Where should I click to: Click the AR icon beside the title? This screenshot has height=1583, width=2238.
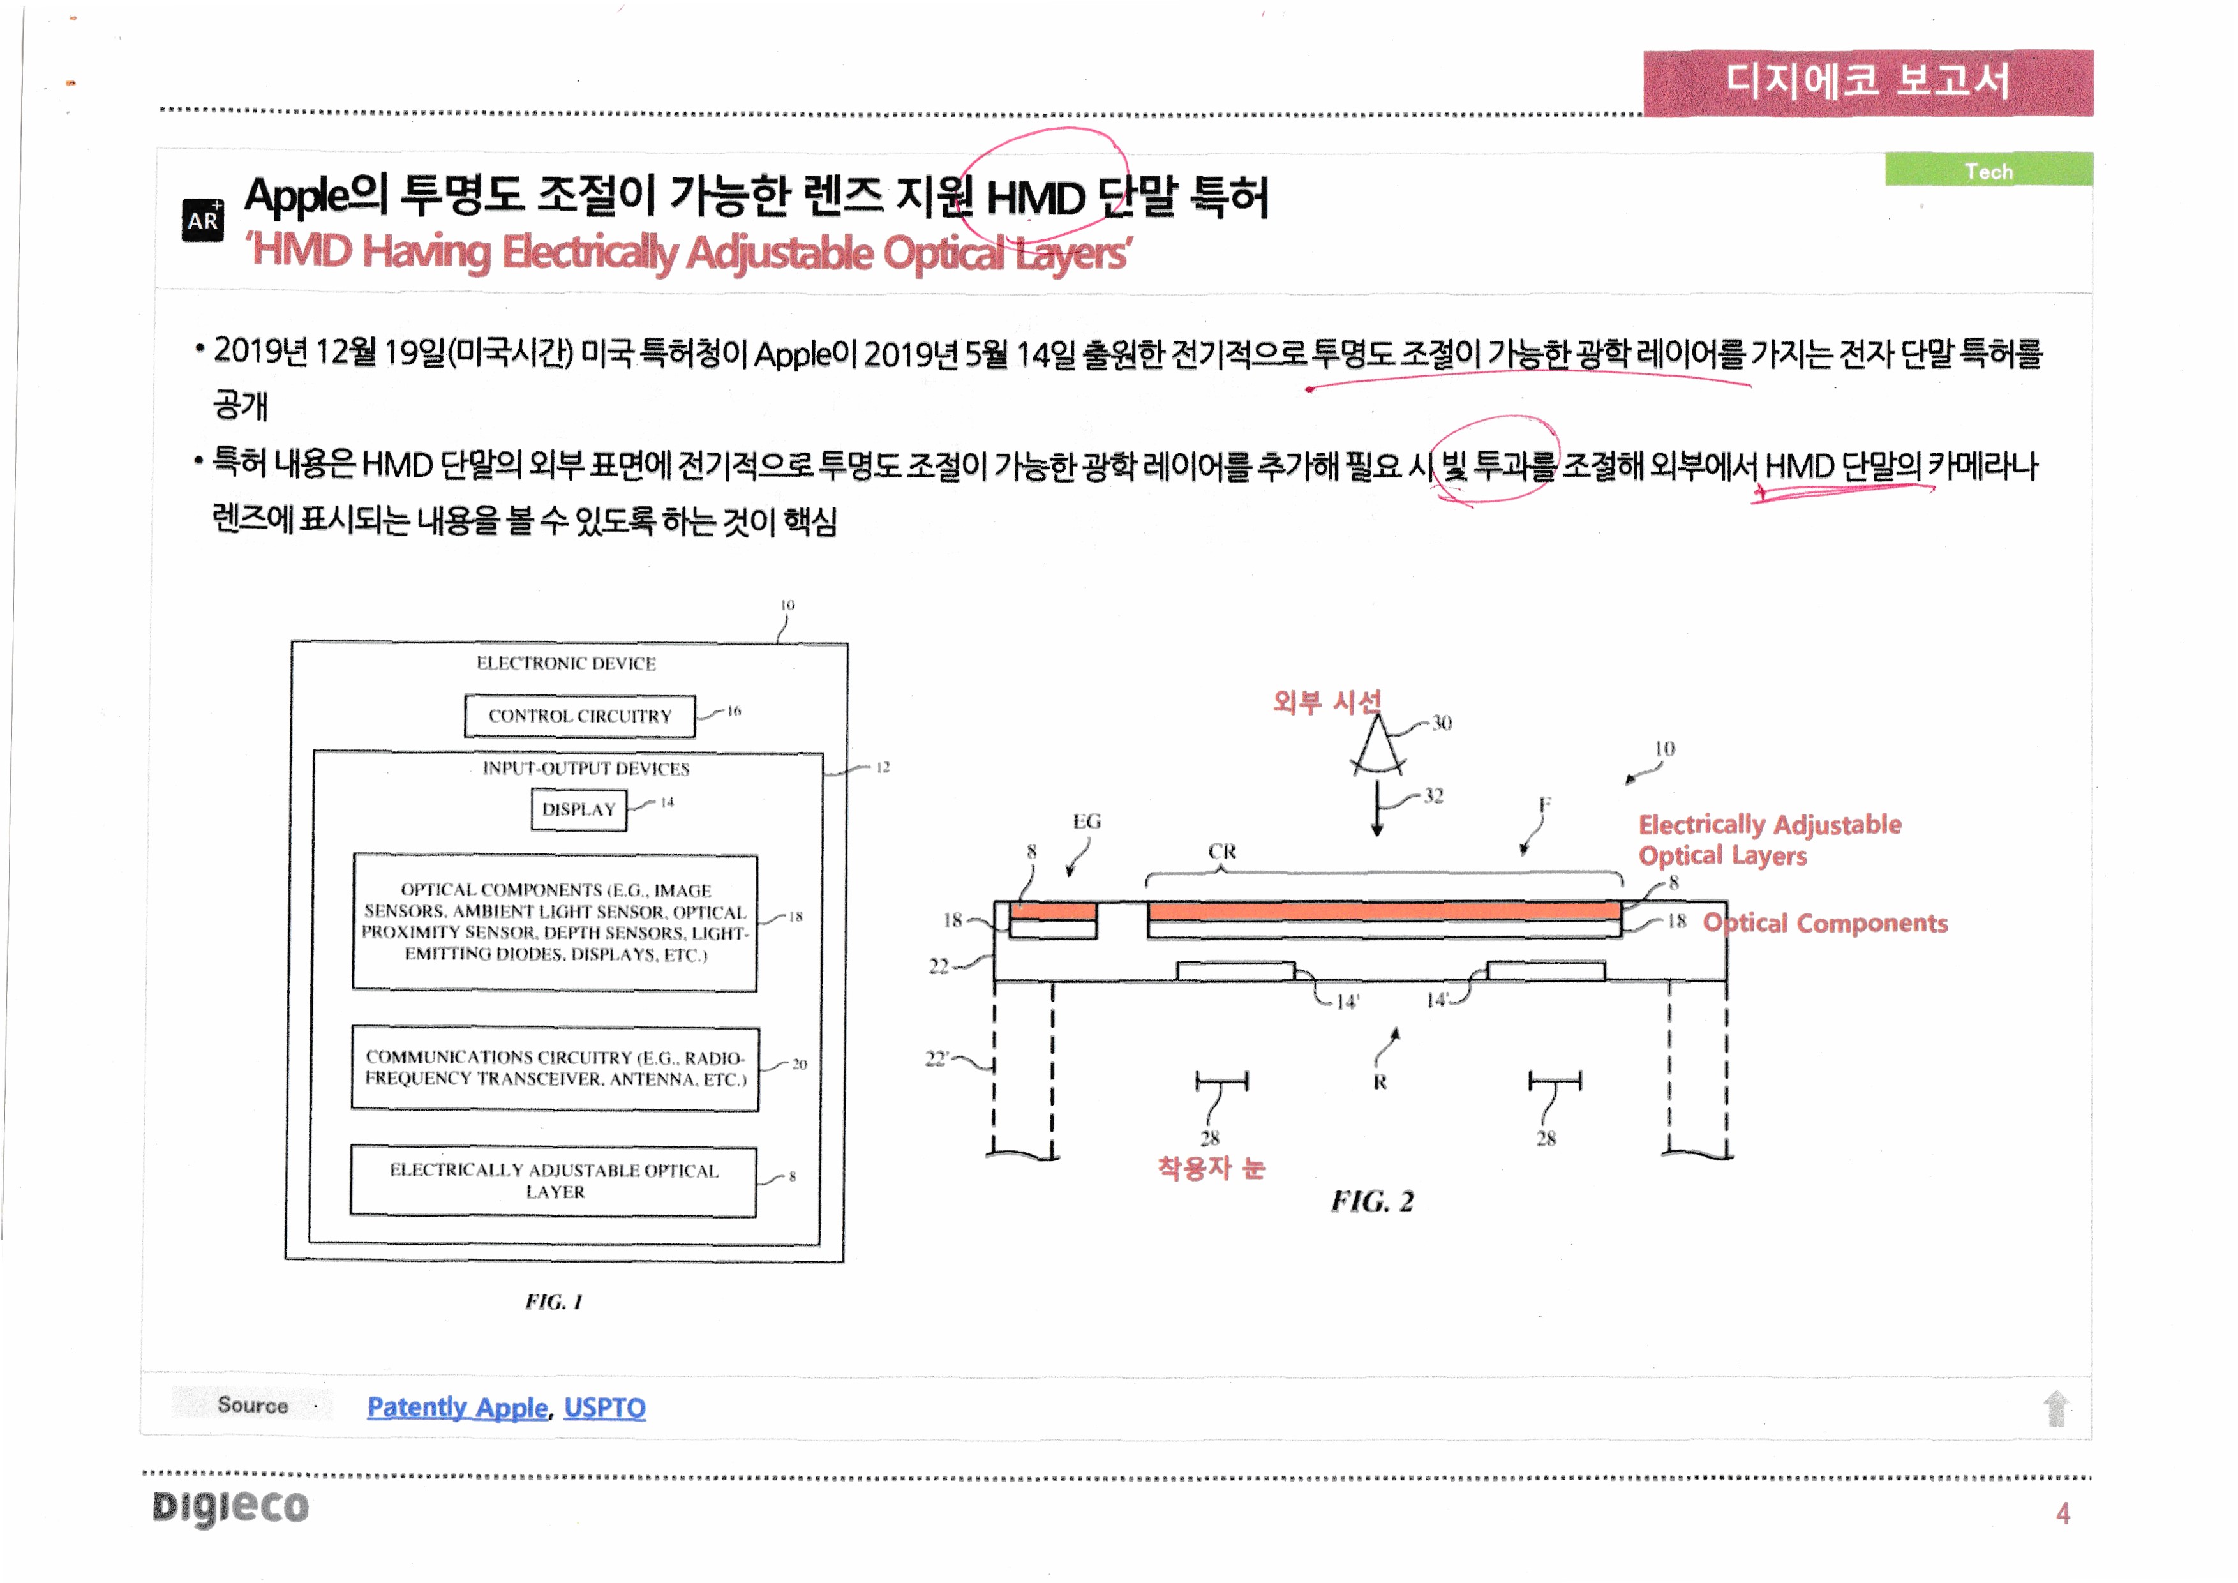coord(203,220)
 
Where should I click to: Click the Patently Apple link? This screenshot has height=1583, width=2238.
coord(457,1407)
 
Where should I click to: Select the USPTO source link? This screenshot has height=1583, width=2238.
coord(604,1407)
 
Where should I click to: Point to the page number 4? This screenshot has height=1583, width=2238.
coord(2063,1513)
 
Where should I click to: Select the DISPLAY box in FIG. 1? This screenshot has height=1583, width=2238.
coord(578,809)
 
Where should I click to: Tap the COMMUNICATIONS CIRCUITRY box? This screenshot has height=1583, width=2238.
coord(555,1069)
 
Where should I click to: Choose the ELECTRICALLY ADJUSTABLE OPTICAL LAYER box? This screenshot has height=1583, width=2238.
coord(554,1180)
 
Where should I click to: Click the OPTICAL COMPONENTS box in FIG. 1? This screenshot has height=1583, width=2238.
coord(555,922)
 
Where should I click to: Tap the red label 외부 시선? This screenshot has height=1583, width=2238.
coord(1327,701)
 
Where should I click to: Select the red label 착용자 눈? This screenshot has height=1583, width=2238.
coord(1211,1167)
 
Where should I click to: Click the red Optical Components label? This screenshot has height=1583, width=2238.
coord(1824,923)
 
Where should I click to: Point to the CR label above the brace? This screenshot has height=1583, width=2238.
coord(1221,851)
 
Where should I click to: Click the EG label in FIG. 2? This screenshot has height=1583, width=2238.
coord(1086,822)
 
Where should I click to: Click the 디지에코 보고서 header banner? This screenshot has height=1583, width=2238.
coord(1868,82)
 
